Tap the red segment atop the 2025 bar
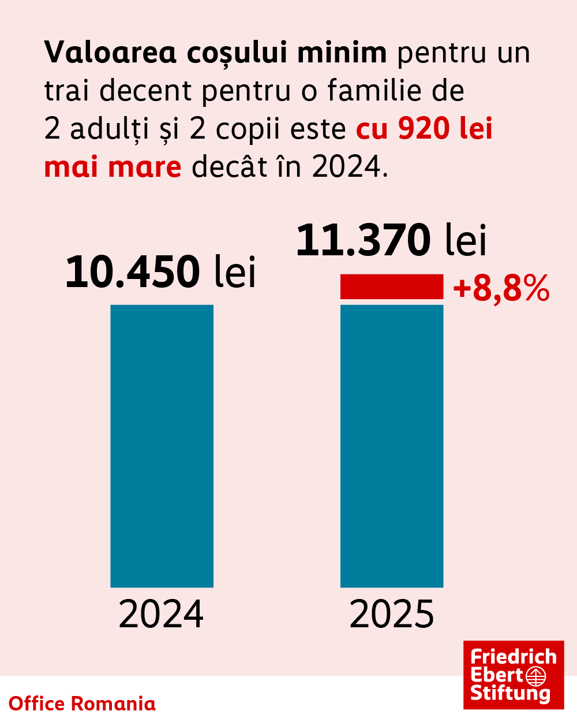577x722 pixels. click(x=392, y=286)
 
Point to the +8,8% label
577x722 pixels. click(x=501, y=289)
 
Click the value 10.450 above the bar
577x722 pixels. click(x=133, y=271)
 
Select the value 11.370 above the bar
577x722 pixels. click(x=364, y=240)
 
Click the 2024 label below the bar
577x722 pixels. click(x=161, y=614)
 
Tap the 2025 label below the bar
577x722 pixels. click(x=392, y=614)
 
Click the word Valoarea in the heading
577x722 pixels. click(x=110, y=53)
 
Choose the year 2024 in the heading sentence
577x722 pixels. click(x=346, y=167)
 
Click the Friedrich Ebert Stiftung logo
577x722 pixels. click(x=514, y=675)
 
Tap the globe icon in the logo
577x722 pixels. click(x=536, y=675)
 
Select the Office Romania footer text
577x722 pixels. click(x=82, y=704)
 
